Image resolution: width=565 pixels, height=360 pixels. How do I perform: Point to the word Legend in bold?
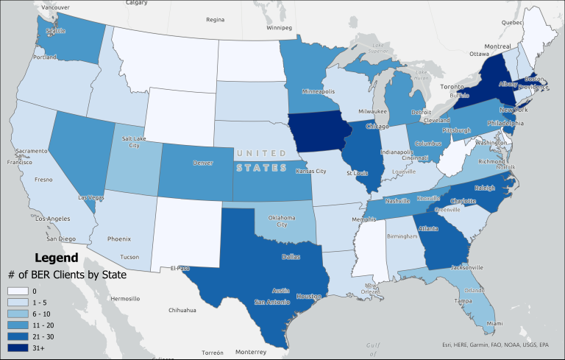[x=57, y=258]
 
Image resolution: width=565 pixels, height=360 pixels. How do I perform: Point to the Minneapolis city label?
[x=319, y=93]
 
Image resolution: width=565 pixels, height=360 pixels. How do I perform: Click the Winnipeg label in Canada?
[x=279, y=27]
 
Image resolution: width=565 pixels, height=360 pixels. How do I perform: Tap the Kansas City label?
[x=311, y=171]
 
